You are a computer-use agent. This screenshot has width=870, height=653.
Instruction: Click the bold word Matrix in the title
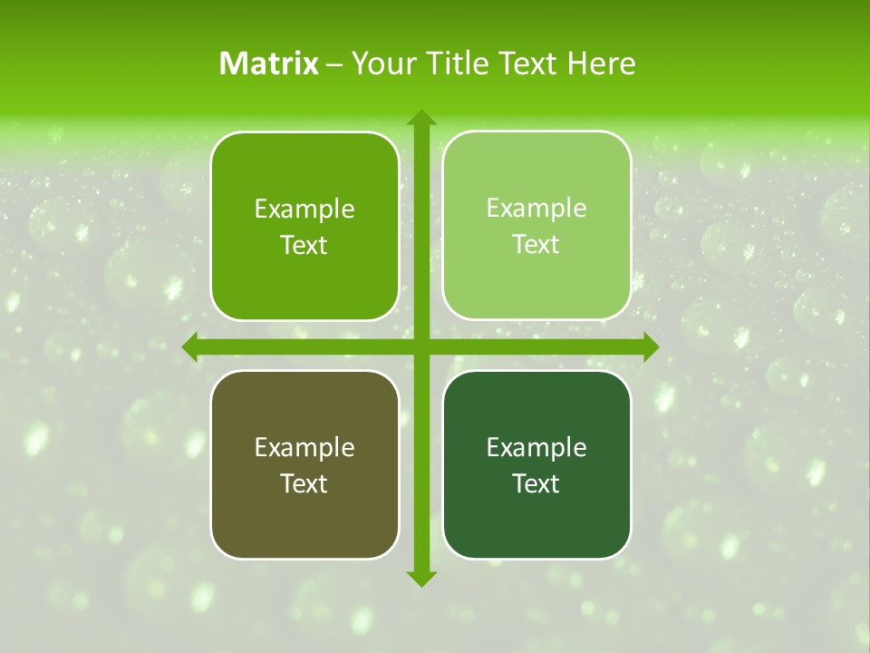(269, 63)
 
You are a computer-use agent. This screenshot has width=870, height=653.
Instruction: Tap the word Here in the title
(601, 63)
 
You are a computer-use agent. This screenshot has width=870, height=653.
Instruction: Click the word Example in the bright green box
(304, 210)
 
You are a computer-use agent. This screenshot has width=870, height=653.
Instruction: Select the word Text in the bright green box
(304, 246)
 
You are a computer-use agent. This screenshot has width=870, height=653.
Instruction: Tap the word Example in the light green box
(536, 209)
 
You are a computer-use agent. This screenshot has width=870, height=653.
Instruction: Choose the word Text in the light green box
(536, 245)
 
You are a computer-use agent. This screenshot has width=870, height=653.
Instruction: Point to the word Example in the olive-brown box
(304, 448)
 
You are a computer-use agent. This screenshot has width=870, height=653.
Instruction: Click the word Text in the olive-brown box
(304, 484)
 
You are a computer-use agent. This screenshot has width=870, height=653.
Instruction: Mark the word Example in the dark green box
(536, 448)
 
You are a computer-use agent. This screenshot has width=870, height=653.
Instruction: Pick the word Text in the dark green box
(536, 484)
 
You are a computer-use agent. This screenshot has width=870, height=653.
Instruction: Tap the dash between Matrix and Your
(334, 64)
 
